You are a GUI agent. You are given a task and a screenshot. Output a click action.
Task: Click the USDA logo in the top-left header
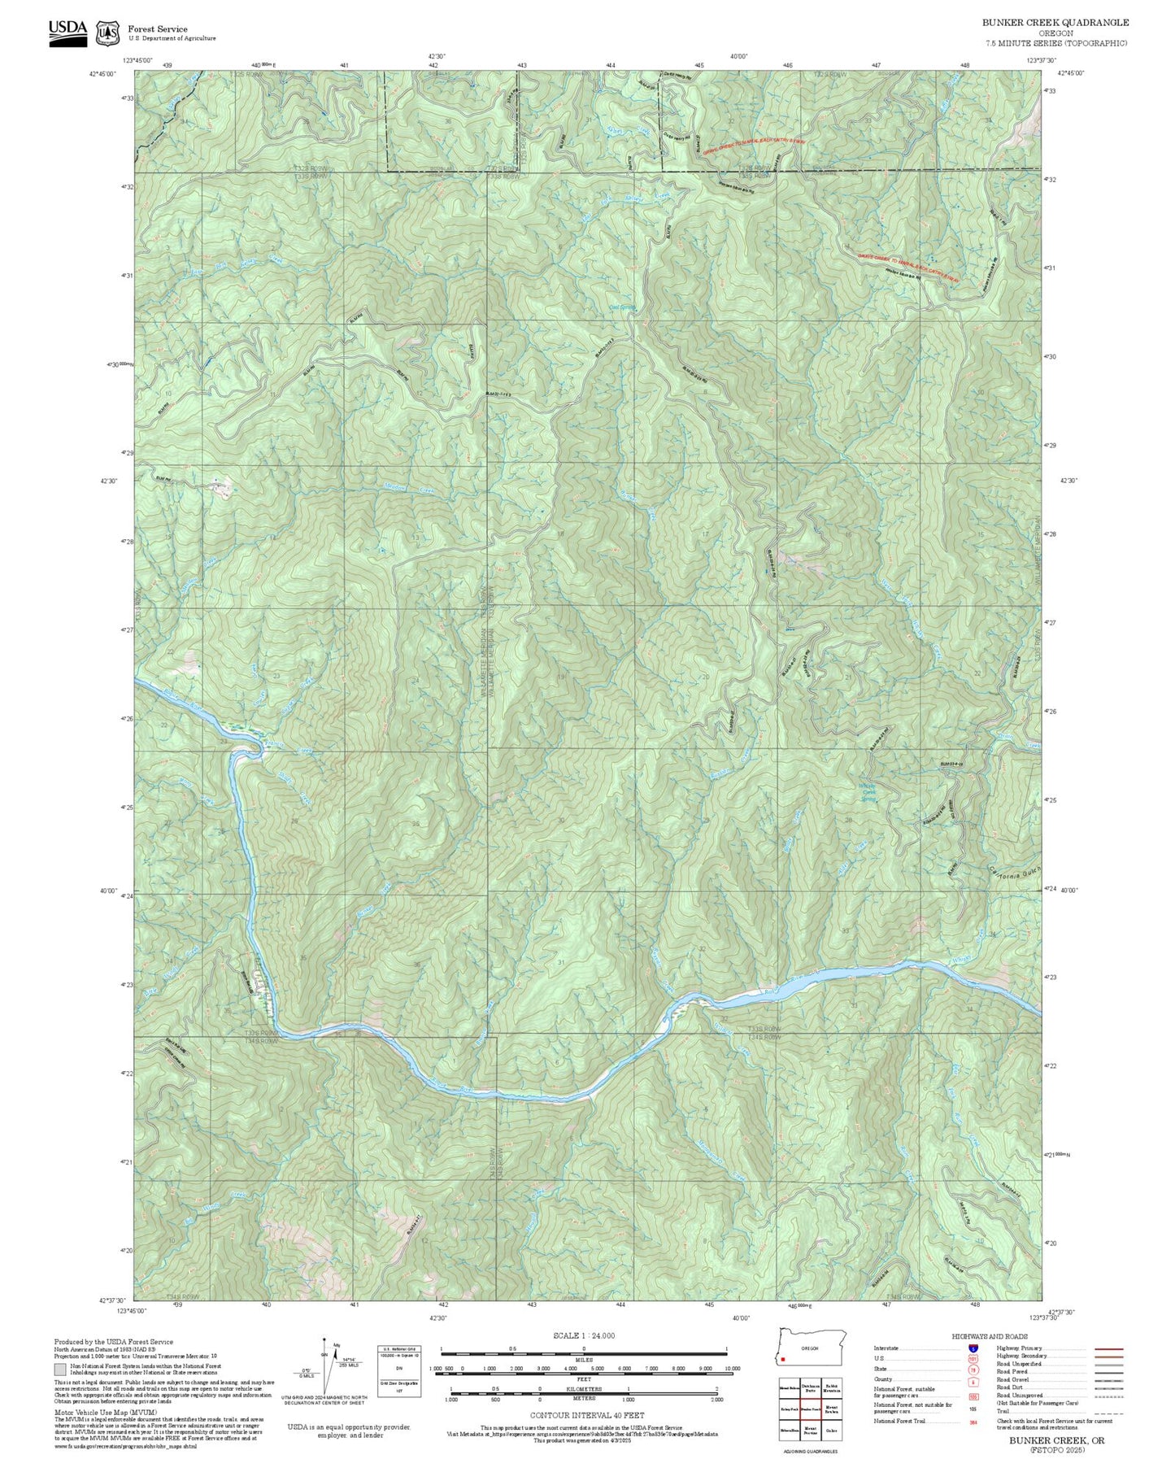pos(67,32)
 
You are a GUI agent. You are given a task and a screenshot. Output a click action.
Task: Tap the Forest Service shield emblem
pos(107,33)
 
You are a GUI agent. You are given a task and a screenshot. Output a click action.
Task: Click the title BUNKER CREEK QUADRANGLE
pos(1055,23)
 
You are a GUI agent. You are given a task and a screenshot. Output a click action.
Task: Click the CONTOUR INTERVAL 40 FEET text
pos(586,1416)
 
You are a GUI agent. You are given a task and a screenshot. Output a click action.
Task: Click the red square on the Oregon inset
pos(782,1358)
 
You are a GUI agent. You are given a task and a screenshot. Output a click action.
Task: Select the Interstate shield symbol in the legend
pos(973,1348)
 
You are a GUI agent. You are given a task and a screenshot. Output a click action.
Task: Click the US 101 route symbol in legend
pos(973,1359)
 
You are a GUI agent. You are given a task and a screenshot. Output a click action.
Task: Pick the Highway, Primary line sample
pos(1109,1348)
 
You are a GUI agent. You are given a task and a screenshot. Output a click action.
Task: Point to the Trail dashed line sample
pos(1109,1413)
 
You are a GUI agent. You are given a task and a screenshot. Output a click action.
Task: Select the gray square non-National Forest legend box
pos(60,1370)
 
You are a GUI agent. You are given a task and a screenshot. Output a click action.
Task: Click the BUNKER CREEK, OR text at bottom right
pos(1056,1440)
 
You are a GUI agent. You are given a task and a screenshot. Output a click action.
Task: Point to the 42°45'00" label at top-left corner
pos(103,74)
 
